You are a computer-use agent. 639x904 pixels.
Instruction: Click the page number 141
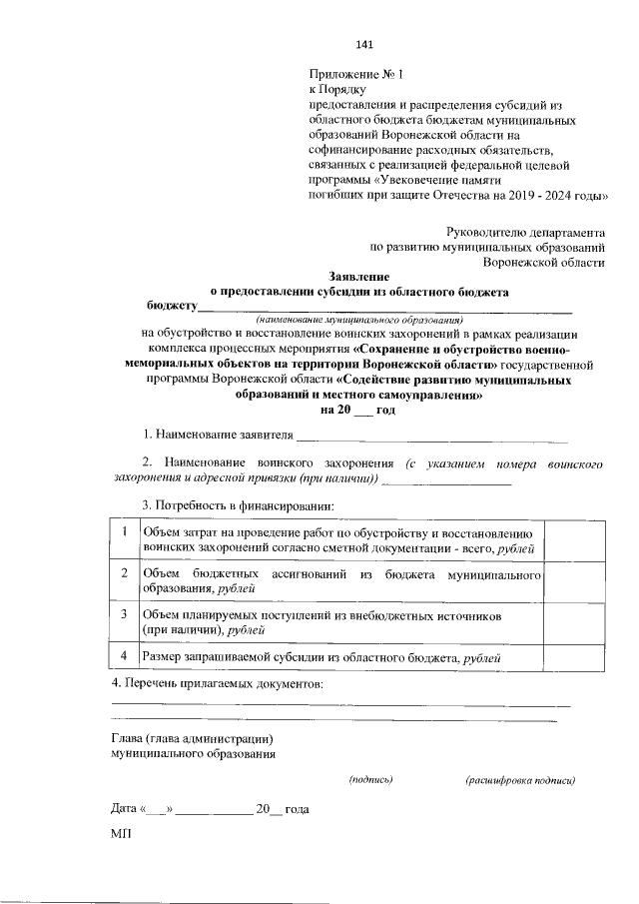pos(363,44)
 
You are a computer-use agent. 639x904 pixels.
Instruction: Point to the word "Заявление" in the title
pos(359,276)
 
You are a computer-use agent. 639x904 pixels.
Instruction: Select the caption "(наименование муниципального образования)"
pos(354,321)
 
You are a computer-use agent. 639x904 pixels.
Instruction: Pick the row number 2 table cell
pos(124,581)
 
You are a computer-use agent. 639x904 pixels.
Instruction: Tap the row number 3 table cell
pos(124,622)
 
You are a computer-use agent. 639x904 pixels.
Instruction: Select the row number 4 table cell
pos(124,655)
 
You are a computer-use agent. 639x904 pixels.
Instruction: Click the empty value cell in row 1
pos(572,540)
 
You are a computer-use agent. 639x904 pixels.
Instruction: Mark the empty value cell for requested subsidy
pos(572,655)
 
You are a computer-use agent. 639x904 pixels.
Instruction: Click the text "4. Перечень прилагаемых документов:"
pos(217,684)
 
